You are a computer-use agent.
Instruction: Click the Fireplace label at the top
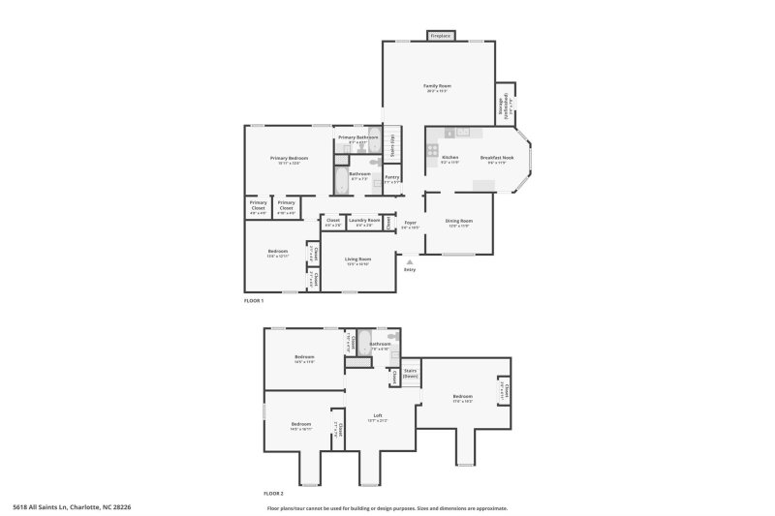click(441, 36)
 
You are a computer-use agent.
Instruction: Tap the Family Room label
click(438, 86)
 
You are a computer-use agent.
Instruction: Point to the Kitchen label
click(450, 157)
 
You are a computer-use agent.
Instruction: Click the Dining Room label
click(458, 222)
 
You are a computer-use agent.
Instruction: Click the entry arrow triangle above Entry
click(410, 260)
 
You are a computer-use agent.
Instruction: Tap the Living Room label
click(358, 258)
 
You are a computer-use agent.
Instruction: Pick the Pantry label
click(392, 177)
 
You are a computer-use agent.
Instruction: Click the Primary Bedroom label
click(289, 158)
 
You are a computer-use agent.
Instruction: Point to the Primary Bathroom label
click(357, 137)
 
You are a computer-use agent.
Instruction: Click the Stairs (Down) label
click(410, 372)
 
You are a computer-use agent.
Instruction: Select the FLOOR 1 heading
click(254, 302)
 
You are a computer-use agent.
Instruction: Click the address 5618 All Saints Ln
click(72, 506)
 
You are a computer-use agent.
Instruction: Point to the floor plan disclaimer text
click(387, 507)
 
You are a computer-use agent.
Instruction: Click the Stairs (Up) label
click(392, 145)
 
